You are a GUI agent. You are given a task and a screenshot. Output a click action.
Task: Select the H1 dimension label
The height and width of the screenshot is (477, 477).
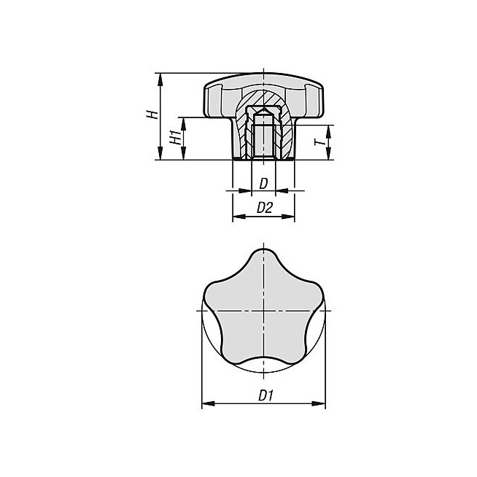pos(175,137)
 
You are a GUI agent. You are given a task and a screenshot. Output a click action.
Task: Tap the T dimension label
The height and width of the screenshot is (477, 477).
pos(318,142)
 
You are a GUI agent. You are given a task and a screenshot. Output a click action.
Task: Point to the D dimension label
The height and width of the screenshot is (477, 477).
pos(263,184)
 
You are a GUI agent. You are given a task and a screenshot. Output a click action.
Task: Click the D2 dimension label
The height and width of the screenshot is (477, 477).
pos(264,208)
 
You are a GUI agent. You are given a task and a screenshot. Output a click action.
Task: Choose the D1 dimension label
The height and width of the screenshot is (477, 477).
pos(265,396)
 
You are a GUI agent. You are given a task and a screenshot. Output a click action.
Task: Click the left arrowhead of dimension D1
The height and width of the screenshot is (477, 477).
pos(209,403)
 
